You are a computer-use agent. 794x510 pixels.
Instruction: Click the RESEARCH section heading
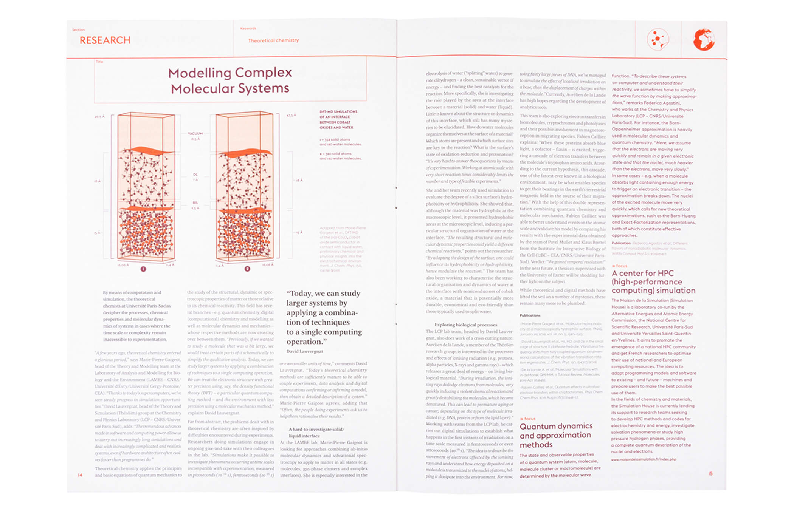105,40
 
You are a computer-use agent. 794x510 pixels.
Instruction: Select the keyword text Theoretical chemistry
273,40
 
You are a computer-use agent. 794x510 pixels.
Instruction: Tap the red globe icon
704,40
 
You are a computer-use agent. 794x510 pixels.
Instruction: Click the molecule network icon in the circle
658,39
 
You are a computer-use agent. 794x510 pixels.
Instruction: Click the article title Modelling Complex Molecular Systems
230,80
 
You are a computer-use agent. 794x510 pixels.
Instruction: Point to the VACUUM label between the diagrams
195,133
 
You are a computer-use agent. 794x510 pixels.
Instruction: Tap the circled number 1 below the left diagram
143,269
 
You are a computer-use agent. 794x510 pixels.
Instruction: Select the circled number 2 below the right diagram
247,269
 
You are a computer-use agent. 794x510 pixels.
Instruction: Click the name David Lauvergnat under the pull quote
305,351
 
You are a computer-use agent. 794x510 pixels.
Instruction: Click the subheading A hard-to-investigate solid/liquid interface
316,432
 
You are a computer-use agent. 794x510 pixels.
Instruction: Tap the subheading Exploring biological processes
466,325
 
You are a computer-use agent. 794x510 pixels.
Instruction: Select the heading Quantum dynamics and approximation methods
556,435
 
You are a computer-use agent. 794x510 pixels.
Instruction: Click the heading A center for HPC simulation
653,282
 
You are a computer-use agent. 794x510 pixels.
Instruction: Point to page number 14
80,475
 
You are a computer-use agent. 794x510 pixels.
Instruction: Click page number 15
710,473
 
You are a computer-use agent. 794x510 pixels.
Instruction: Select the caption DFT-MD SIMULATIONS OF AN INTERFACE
338,119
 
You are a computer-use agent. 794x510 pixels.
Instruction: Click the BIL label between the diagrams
195,203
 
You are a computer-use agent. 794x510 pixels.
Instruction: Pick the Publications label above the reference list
530,315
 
